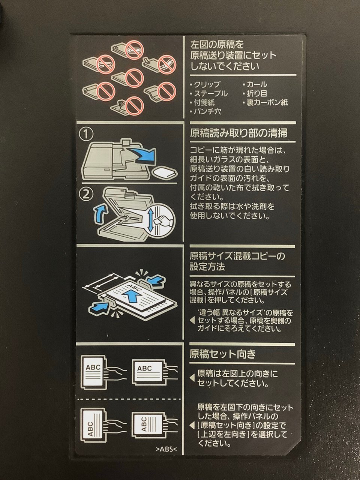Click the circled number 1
pyautogui.click(x=86, y=135)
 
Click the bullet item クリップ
pyautogui.click(x=205, y=84)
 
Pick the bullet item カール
pyautogui.click(x=255, y=84)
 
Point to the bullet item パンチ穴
pyautogui.click(x=205, y=112)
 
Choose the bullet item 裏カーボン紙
pyautogui.click(x=265, y=102)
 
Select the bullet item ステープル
pyautogui.click(x=209, y=94)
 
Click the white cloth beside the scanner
pyautogui.click(x=165, y=172)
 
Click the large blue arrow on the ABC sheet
pyautogui.click(x=133, y=294)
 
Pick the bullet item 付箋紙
pyautogui.click(x=202, y=102)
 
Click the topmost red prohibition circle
pyautogui.click(x=134, y=49)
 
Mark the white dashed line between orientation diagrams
pyautogui.click(x=129, y=399)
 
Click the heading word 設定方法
pyautogui.click(x=207, y=267)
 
